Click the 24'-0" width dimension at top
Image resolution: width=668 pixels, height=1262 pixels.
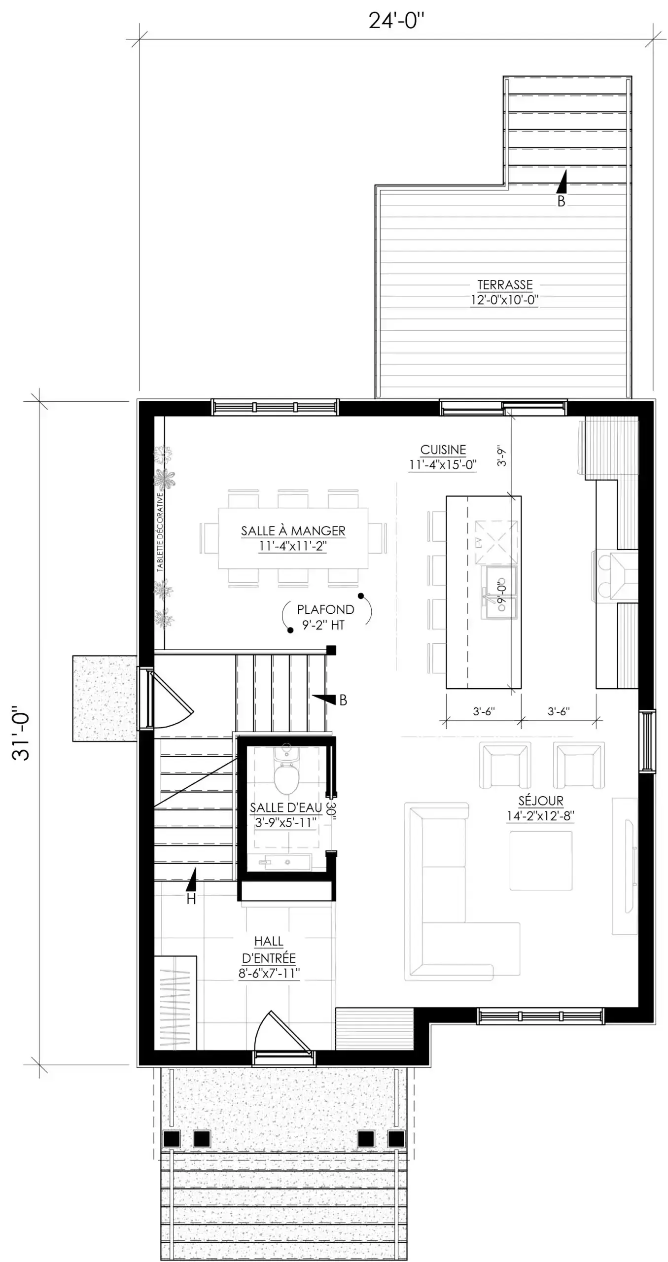pos(396,21)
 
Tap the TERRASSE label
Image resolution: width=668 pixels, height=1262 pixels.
pos(505,285)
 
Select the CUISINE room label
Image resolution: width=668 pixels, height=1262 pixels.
pos(443,450)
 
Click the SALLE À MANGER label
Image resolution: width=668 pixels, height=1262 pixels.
pos(293,531)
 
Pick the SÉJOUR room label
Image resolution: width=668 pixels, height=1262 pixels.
pos(541,801)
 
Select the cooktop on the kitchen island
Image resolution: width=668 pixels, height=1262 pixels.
pos(495,542)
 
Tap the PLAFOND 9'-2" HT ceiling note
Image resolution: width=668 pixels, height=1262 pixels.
pos(325,617)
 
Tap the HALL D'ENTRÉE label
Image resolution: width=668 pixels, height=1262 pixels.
pos(269,957)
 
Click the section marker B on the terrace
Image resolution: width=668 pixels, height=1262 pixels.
pos(561,201)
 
